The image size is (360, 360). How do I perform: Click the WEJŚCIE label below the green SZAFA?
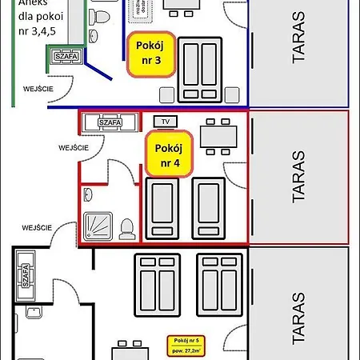point(38,89)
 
